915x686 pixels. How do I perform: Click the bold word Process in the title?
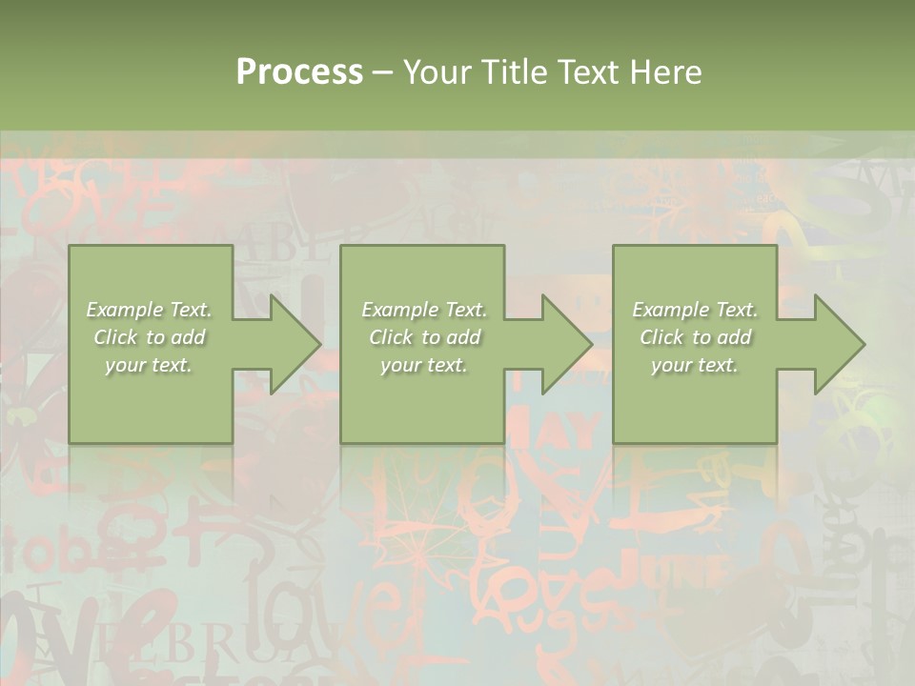coord(299,72)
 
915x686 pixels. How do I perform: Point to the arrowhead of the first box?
coord(286,344)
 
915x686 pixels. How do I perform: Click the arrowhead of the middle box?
coord(558,344)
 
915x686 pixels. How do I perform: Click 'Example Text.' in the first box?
coord(149,310)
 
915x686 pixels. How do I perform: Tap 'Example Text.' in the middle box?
coord(424,310)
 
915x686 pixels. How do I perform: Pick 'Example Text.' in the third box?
coord(695,310)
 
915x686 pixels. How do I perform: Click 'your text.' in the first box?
coord(149,365)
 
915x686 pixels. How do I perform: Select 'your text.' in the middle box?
coord(424,365)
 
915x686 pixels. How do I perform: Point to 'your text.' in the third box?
coord(695,365)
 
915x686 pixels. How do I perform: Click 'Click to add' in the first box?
coord(149,337)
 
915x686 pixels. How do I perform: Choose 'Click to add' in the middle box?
coord(424,337)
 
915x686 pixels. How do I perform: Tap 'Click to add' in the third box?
coord(695,337)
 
